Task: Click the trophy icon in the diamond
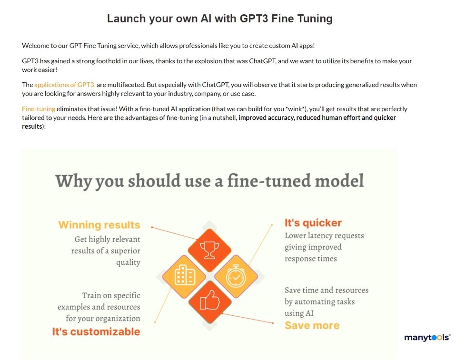coord(209,250)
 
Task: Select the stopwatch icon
coord(236,276)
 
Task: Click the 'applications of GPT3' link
coord(64,85)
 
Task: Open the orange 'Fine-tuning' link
coord(39,109)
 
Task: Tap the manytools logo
coord(427,338)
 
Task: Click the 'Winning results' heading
coord(99,225)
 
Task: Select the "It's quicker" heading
coord(313,223)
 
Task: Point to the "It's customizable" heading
coord(96,331)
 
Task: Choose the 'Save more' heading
coord(312,325)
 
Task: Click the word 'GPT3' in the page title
coord(254,19)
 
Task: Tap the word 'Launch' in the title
coord(127,19)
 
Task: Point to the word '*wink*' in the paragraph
coord(295,109)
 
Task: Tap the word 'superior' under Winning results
coord(125,251)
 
